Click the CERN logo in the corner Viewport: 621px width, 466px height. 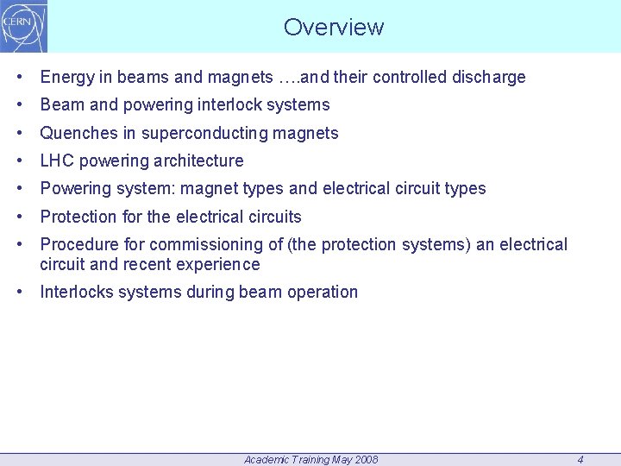24,26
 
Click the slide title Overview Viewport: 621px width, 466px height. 334,28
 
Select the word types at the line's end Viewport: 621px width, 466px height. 465,189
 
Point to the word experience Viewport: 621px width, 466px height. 220,264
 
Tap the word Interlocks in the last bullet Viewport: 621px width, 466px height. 77,292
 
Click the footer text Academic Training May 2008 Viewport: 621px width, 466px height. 310,460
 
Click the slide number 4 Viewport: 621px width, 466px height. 580,460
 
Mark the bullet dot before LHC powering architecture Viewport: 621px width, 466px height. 19,161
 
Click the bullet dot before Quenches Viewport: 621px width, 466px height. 19,134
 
